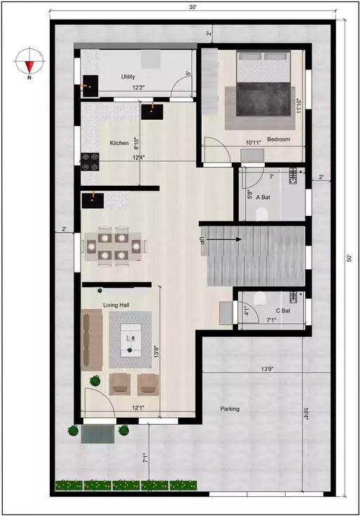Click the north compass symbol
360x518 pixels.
pos(29,63)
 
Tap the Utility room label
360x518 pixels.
pos(128,77)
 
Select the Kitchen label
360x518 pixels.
pos(119,143)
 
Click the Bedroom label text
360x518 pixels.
pos(278,139)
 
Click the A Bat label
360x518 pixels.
pos(263,198)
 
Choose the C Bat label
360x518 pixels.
pos(283,310)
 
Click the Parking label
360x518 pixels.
pos(230,409)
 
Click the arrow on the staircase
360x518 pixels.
pos(225,240)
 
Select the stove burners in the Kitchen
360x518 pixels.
pos(90,162)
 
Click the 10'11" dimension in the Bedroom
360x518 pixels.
pos(253,143)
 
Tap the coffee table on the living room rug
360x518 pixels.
pos(131,340)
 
